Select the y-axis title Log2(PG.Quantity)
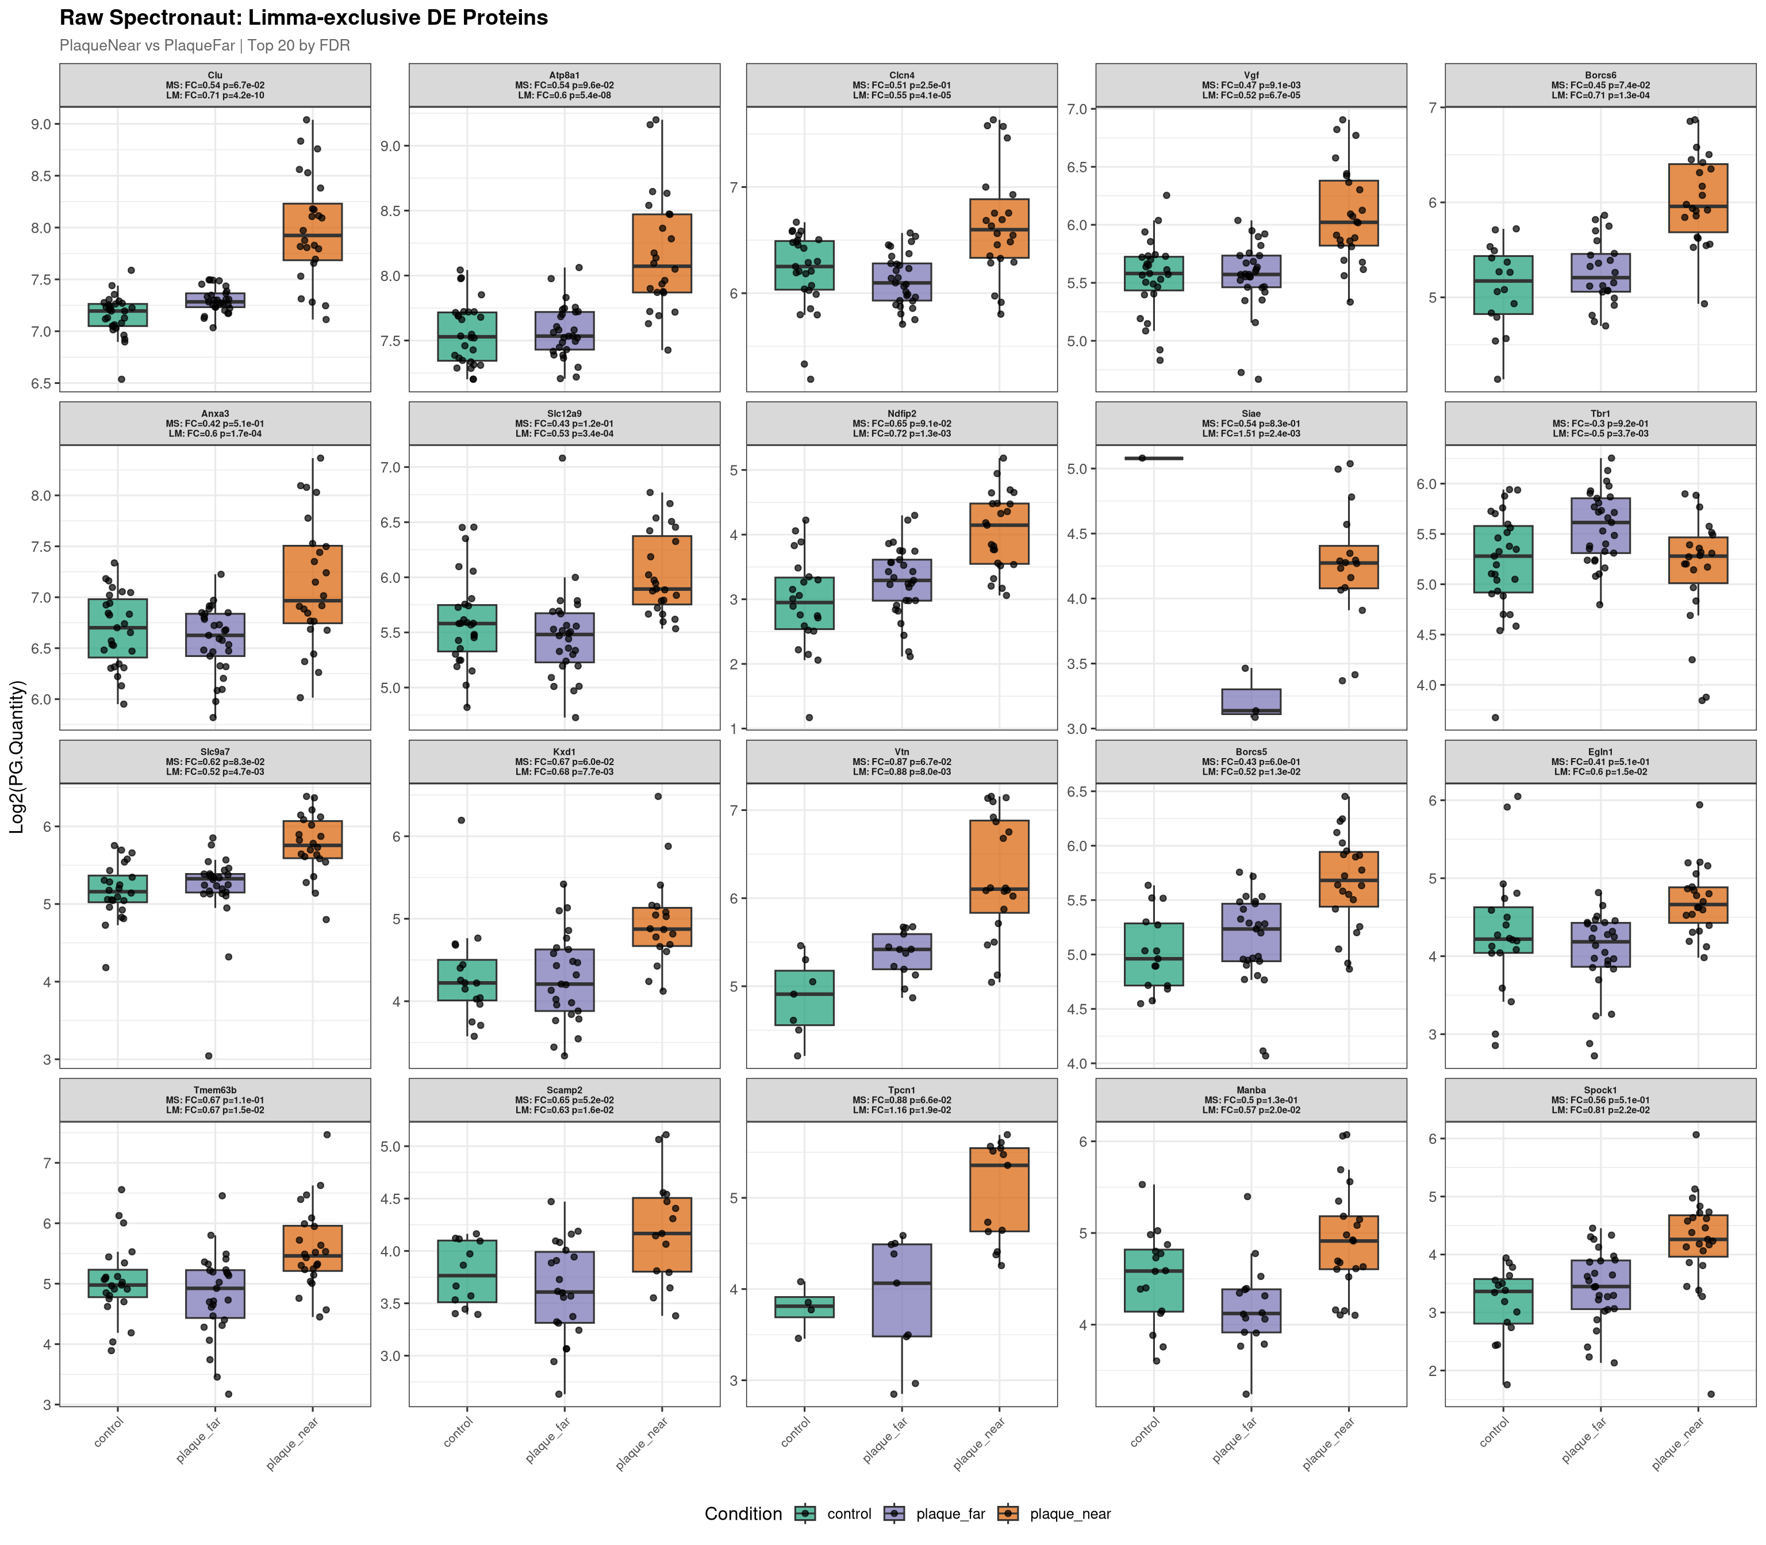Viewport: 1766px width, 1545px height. (17, 756)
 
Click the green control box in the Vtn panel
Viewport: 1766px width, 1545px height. (805, 998)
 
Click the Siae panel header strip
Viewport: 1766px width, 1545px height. (1250, 423)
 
